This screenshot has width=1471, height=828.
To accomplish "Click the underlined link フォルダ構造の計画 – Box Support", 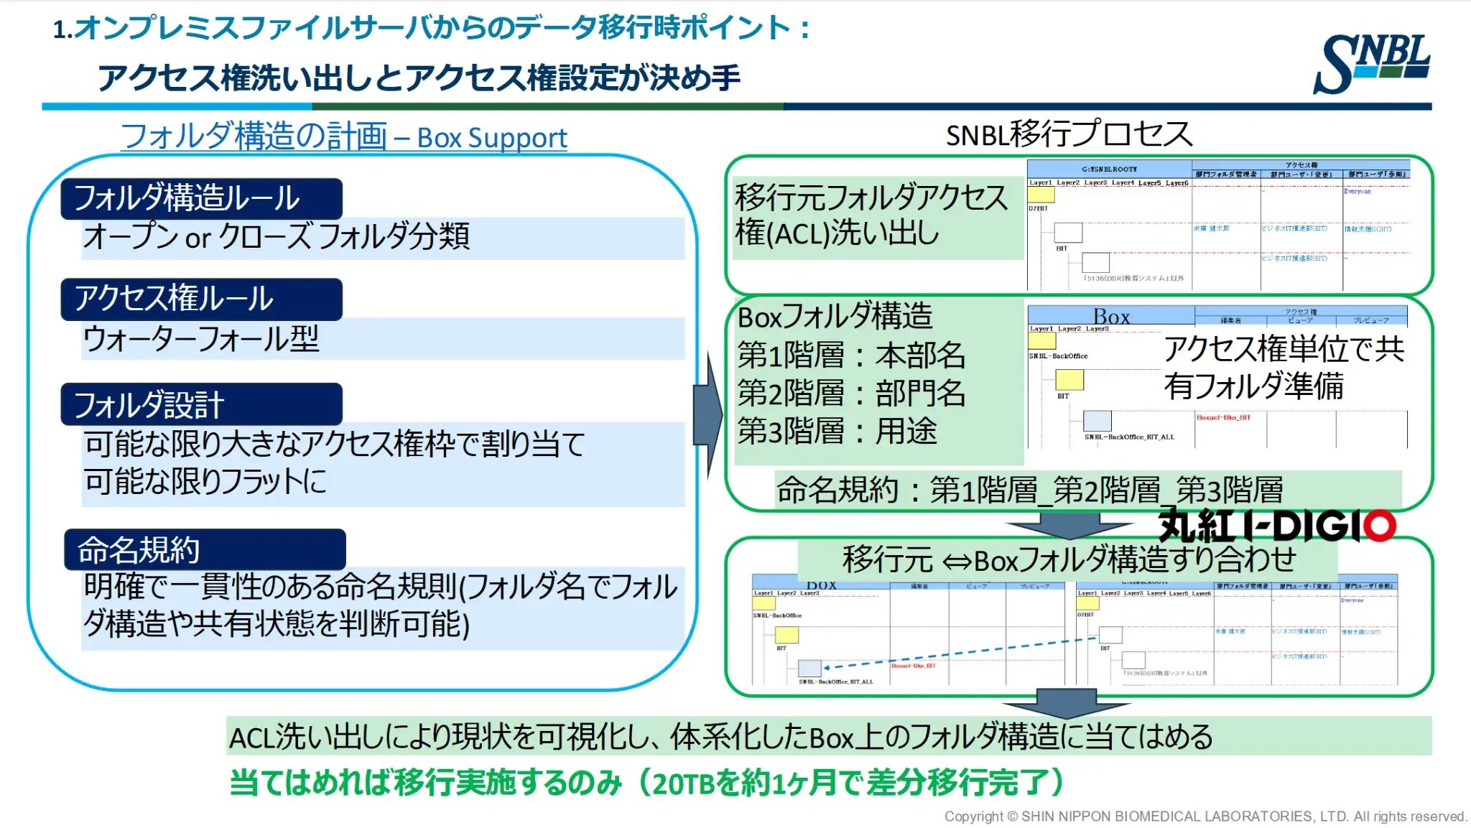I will tap(343, 136).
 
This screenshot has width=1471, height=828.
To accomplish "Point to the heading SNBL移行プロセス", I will tap(1069, 134).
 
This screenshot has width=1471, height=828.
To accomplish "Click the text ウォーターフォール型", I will tap(201, 339).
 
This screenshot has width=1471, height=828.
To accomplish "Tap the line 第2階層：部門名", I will tap(851, 394).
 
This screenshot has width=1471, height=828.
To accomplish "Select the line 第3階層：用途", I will tap(837, 432).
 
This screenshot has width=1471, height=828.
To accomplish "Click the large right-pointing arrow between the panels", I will tap(709, 417).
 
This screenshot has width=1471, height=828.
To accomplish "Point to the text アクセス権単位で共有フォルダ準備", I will tap(1284, 368).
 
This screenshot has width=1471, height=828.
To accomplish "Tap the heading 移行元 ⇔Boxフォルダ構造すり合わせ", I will tap(1068, 559).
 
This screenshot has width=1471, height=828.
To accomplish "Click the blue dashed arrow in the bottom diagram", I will tap(962, 652).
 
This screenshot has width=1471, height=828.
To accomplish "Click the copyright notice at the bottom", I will tap(1205, 817).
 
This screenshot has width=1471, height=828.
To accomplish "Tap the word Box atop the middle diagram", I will tap(1111, 317).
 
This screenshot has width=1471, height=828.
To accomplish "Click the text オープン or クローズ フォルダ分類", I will tap(277, 236).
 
